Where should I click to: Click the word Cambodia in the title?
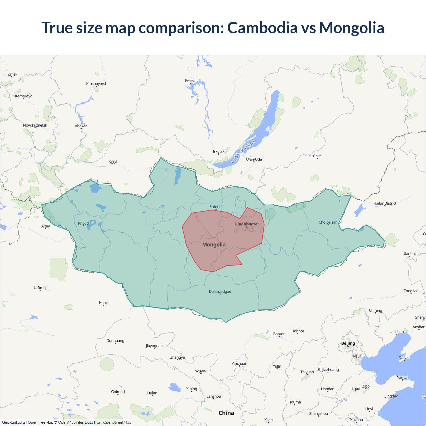(x=262, y=28)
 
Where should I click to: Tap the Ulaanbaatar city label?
(x=247, y=224)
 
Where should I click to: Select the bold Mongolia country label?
(x=214, y=245)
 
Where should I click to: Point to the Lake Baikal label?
(x=243, y=151)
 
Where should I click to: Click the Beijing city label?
(x=348, y=343)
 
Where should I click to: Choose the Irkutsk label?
(x=219, y=152)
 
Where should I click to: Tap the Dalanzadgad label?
(x=220, y=292)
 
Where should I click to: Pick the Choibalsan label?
(x=328, y=222)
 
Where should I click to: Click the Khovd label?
(x=83, y=223)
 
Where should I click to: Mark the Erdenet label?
(x=216, y=207)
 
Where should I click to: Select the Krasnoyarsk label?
(x=97, y=84)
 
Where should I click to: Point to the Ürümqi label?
(x=40, y=288)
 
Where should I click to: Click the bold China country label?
(x=226, y=413)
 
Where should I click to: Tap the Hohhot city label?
(x=298, y=331)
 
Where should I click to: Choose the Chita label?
(x=317, y=156)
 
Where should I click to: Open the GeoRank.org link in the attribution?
(x=13, y=422)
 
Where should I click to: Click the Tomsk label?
(x=12, y=74)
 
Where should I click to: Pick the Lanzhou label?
(x=214, y=396)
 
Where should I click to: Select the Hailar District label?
(x=385, y=203)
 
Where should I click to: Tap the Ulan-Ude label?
(x=254, y=159)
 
